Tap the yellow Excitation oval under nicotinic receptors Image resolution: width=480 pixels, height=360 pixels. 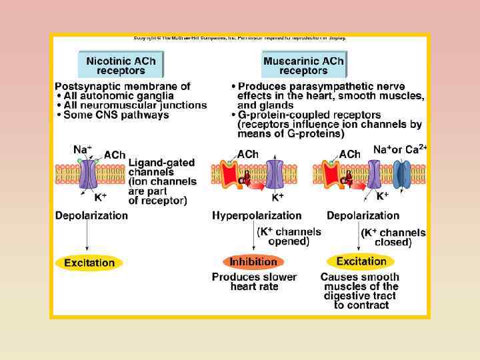89,263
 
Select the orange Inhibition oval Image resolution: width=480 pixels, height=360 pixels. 253,262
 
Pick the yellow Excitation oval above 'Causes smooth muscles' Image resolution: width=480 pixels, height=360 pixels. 361,261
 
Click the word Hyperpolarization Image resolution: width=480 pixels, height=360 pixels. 257,215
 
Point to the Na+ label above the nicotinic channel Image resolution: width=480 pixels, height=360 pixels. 83,149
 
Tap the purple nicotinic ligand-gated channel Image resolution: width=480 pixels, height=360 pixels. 89,174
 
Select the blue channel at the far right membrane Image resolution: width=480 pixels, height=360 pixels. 402,175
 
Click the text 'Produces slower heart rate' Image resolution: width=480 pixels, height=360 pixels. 254,281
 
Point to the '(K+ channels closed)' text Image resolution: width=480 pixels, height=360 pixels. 393,237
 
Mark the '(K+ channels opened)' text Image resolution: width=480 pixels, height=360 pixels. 289,237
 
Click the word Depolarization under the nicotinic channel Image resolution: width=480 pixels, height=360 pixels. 91,215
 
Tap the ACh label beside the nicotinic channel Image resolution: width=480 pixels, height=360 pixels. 115,155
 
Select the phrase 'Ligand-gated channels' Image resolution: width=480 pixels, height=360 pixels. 161,167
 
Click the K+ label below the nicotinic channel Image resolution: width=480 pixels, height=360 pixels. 100,197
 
